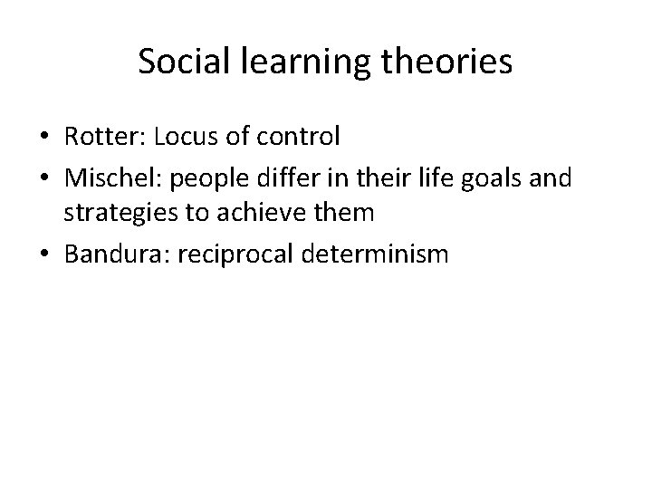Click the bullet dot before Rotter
[43, 139]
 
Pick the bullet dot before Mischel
[43, 177]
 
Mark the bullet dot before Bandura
[43, 255]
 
